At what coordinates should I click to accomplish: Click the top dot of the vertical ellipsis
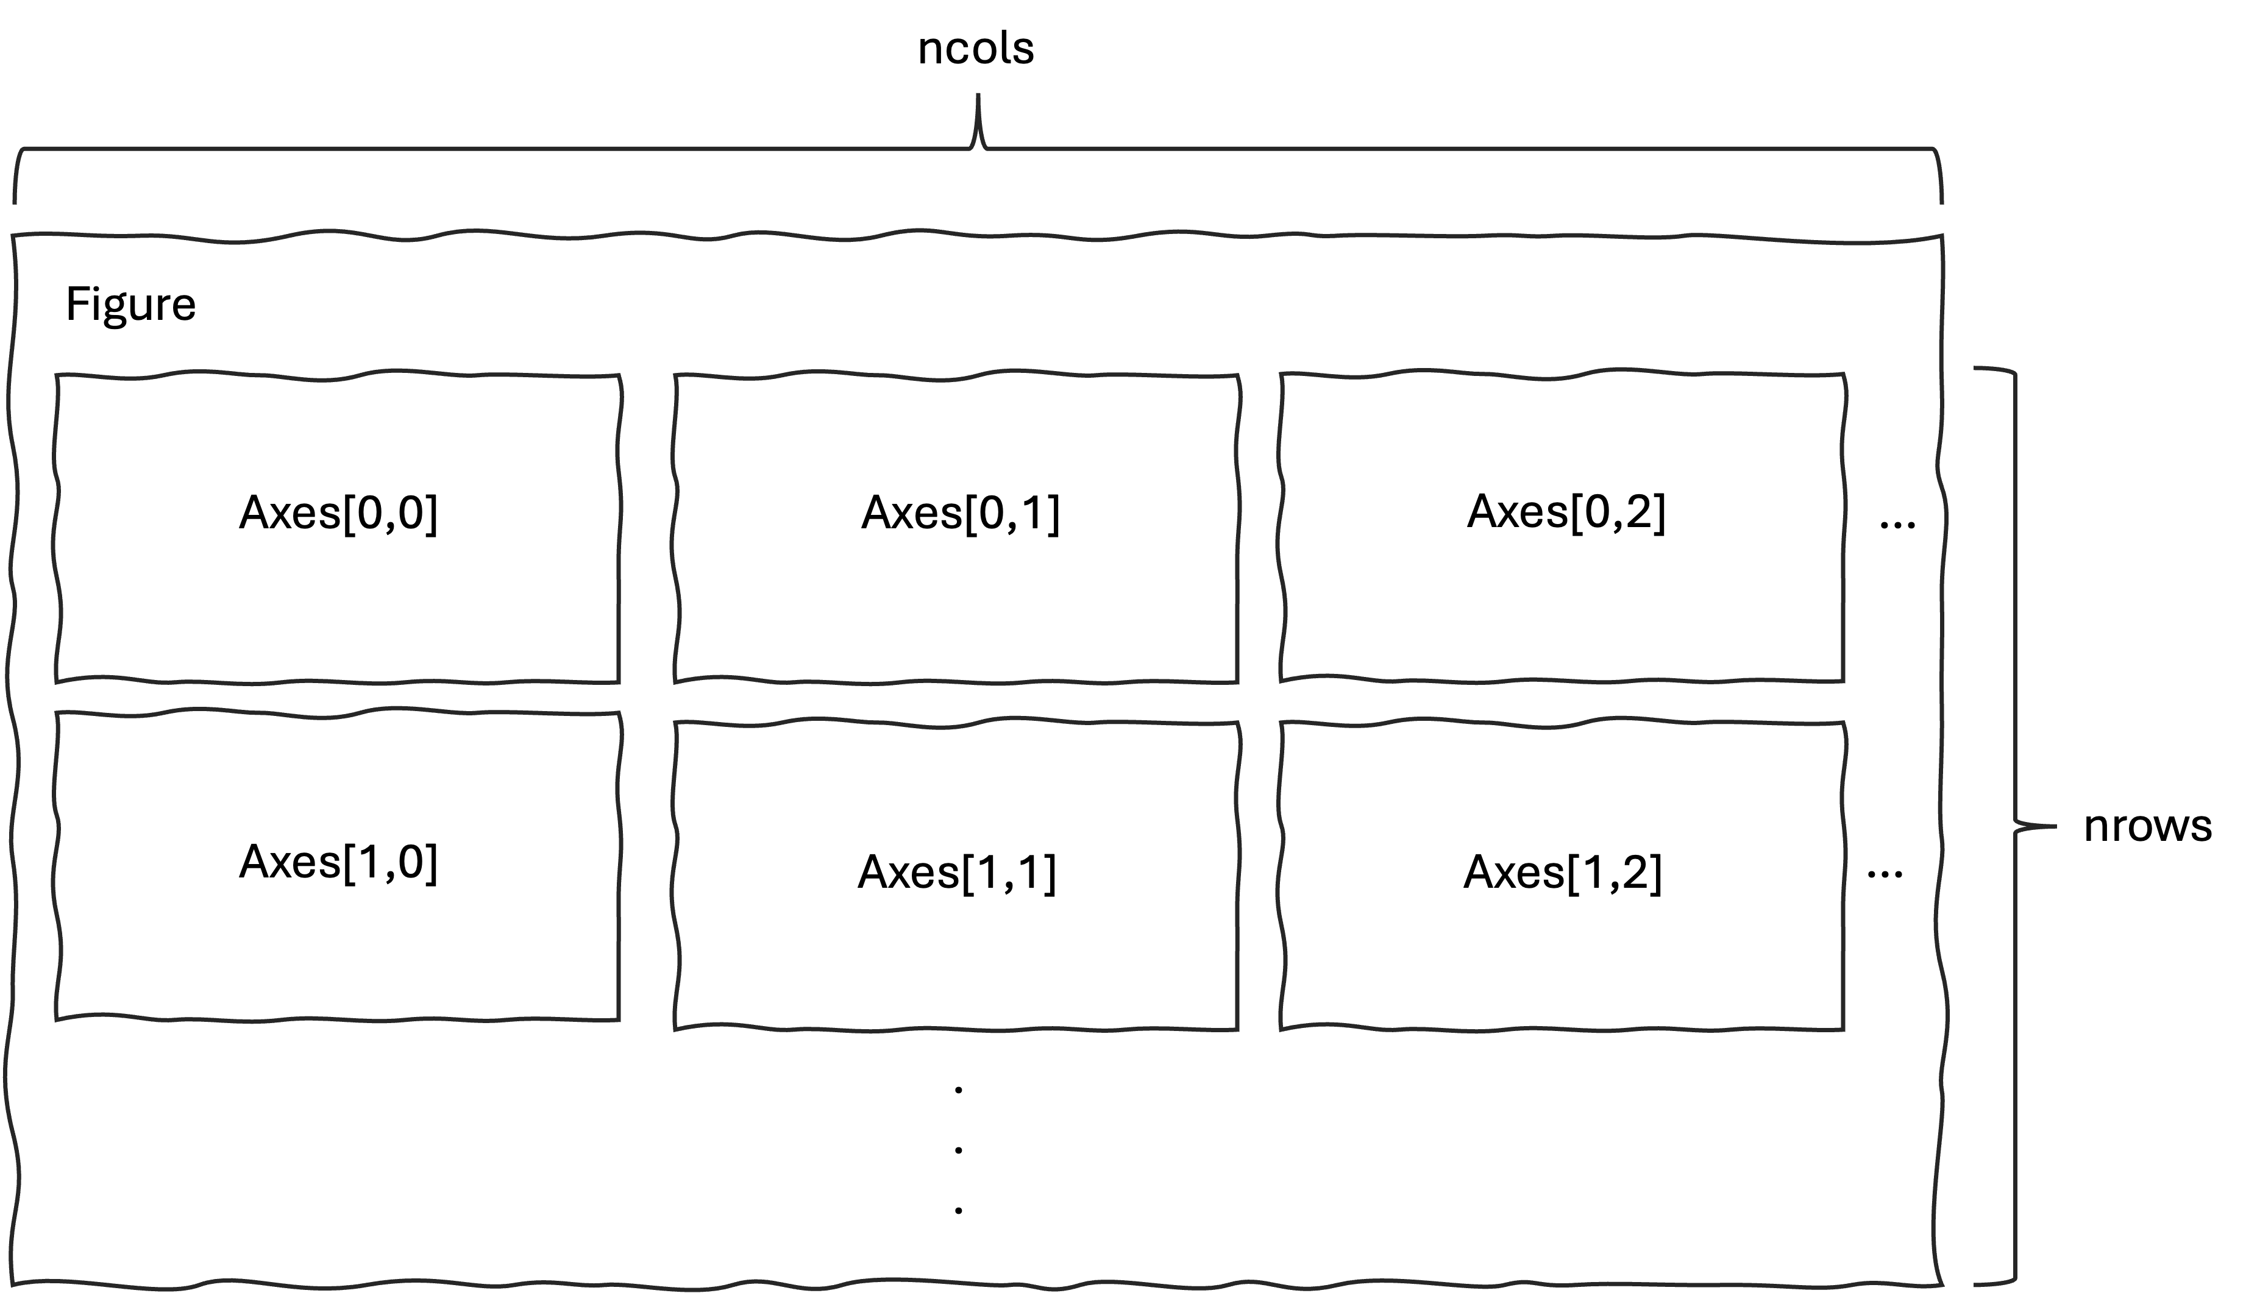(x=958, y=1089)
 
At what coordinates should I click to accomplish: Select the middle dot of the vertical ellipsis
(x=958, y=1150)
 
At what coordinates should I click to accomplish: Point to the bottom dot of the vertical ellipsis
(x=958, y=1210)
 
